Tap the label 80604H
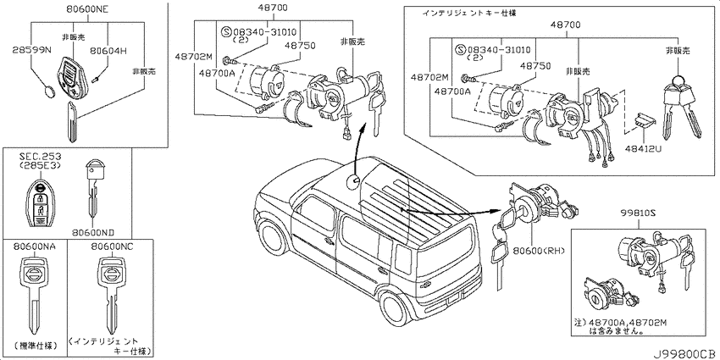[108, 49]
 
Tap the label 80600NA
[33, 246]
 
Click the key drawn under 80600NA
[33, 293]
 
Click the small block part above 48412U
[643, 124]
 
